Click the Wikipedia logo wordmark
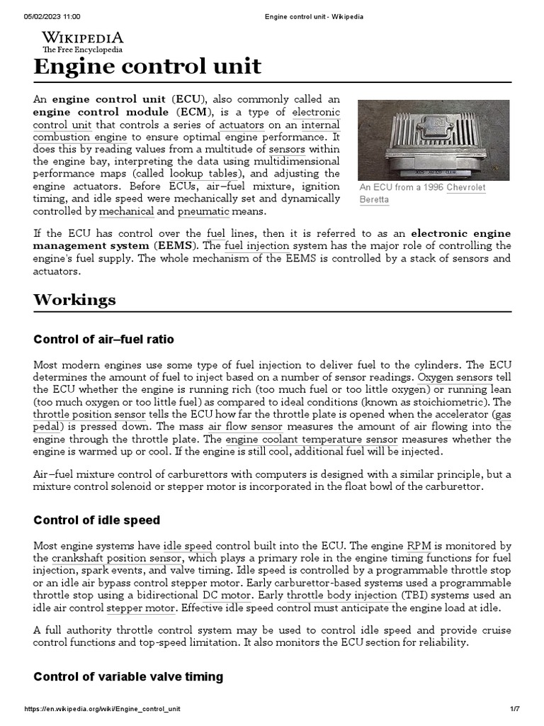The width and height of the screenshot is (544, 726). point(82,38)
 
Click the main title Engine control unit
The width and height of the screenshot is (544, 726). point(147,67)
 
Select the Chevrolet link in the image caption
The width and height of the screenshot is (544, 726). point(466,188)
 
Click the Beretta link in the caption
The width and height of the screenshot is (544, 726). point(374,200)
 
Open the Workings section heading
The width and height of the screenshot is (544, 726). point(74,299)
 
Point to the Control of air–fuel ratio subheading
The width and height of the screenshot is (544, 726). point(103,340)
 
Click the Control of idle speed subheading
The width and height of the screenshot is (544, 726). point(96,520)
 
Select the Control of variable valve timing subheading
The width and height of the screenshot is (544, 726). point(128,676)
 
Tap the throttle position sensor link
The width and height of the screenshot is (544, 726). point(90,414)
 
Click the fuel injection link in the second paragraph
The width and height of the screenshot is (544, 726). point(256,245)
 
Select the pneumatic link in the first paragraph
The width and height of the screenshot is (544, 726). point(203,211)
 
